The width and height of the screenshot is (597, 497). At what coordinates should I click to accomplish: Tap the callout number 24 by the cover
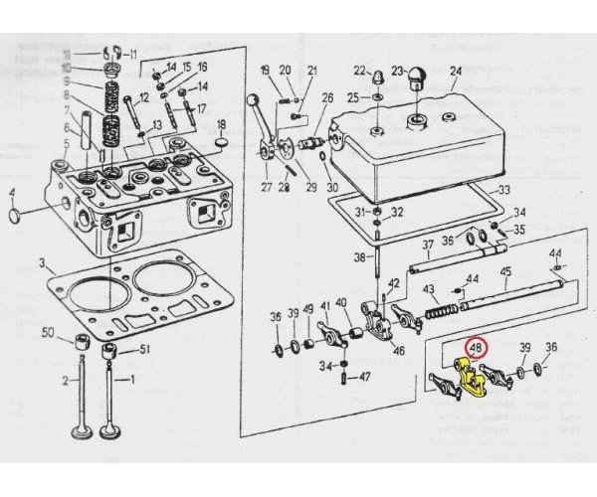point(456,71)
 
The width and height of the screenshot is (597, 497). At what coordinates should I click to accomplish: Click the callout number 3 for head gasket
point(42,264)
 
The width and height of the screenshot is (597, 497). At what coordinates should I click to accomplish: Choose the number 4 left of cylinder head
point(12,193)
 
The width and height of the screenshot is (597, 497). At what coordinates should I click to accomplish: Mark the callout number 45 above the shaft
point(505,272)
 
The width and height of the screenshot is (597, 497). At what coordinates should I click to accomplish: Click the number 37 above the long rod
point(427,245)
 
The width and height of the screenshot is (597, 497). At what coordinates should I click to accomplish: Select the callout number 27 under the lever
point(266,187)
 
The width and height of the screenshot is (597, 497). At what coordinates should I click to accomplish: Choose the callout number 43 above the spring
point(430,289)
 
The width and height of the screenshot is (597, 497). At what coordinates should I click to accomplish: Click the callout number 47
point(364,377)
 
